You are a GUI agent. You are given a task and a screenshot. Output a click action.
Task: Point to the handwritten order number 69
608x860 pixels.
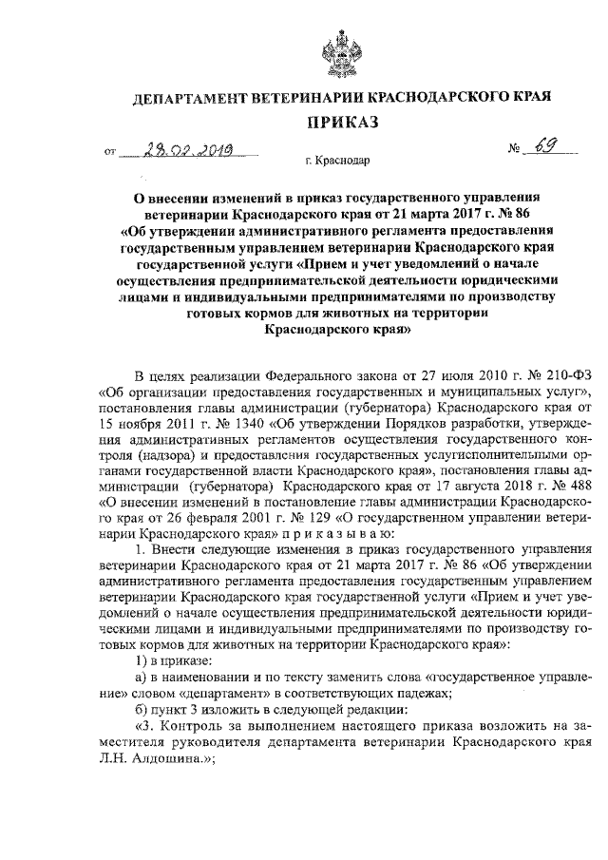pyautogui.click(x=543, y=147)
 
